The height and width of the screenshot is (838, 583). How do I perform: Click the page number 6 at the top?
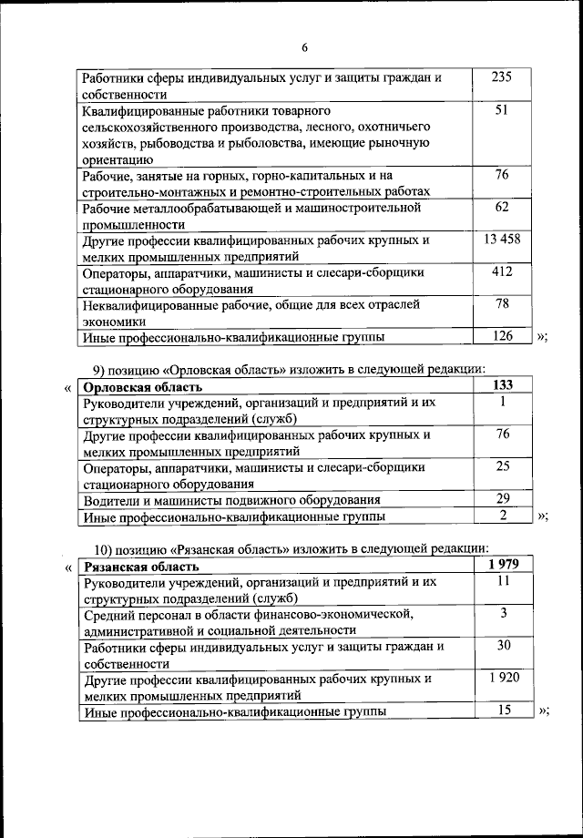[305, 47]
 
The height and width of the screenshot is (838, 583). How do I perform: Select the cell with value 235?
[502, 77]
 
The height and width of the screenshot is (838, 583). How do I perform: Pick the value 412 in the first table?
[502, 271]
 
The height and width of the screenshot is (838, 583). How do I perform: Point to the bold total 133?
[503, 384]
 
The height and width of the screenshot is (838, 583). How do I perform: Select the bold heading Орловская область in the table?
[138, 386]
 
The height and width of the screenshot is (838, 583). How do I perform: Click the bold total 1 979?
[503, 564]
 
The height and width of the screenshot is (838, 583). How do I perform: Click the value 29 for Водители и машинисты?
[503, 498]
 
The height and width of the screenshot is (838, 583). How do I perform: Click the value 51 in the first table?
[502, 109]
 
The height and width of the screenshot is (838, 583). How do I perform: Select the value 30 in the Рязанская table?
[503, 645]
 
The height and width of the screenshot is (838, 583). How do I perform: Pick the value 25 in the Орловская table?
[503, 466]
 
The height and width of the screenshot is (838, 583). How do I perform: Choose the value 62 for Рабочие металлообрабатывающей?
[502, 208]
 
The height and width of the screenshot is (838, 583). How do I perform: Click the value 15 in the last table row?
[503, 709]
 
